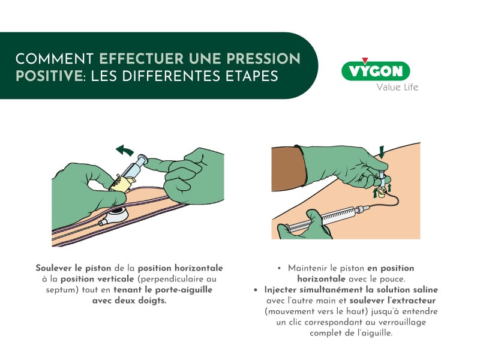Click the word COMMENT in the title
point(55,59)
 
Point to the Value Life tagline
point(397,88)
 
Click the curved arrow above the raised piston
point(125,149)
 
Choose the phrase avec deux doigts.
point(128,301)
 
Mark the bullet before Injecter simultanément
point(256,290)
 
